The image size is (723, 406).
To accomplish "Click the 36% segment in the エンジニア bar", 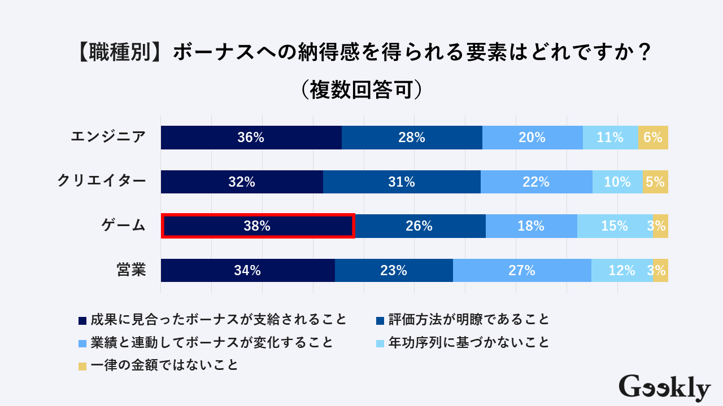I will click(x=251, y=138).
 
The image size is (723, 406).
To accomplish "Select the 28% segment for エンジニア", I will click(x=412, y=138).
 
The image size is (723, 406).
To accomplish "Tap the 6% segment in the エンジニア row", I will click(x=653, y=138).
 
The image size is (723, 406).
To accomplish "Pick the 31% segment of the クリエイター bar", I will click(x=402, y=182).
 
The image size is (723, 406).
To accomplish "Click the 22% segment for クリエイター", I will click(x=536, y=182).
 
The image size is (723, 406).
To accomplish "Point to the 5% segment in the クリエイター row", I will click(x=655, y=182).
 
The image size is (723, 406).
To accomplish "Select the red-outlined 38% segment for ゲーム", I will click(x=258, y=226).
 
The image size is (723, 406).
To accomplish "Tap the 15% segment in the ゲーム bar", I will click(x=615, y=226).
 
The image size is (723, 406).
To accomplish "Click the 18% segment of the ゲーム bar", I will click(x=531, y=226).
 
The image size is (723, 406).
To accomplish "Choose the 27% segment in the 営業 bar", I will click(x=522, y=271).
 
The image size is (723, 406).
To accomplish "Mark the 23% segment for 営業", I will click(x=394, y=271).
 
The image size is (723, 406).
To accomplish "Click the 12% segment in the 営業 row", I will click(x=621, y=271).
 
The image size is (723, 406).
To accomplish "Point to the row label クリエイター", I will click(x=102, y=182).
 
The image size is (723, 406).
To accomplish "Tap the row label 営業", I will click(x=131, y=271).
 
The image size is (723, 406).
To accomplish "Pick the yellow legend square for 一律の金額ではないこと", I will click(x=82, y=366).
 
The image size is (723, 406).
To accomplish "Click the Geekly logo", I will click(x=664, y=388).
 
